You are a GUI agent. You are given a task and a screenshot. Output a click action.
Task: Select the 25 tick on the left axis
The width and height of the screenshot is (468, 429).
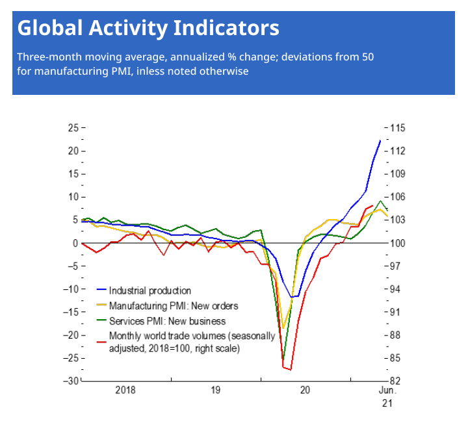(x=72, y=128)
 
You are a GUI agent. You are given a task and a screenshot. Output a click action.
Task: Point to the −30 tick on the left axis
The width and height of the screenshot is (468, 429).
(x=70, y=381)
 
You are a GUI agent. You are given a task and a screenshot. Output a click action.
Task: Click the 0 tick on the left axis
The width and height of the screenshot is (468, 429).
(x=75, y=243)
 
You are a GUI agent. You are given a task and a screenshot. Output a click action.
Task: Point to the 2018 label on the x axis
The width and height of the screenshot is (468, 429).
(x=125, y=391)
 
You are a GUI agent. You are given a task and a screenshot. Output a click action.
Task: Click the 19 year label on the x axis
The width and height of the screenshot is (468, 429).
(x=215, y=391)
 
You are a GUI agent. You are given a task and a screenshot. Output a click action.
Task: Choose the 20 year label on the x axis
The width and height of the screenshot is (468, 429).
(x=305, y=391)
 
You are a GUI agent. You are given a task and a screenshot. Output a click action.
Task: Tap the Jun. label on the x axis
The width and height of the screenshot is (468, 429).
(x=387, y=391)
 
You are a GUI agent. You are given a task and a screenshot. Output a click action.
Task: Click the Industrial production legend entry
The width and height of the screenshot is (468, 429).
(x=150, y=291)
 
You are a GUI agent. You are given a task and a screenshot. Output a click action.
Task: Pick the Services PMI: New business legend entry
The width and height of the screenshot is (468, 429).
(x=167, y=321)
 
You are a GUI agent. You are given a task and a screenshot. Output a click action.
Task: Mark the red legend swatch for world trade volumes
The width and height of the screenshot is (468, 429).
(x=101, y=341)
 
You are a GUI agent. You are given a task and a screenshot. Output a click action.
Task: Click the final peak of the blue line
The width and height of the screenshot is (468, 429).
(x=380, y=140)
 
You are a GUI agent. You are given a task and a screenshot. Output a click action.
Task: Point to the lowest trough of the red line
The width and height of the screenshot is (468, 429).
(x=291, y=369)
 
